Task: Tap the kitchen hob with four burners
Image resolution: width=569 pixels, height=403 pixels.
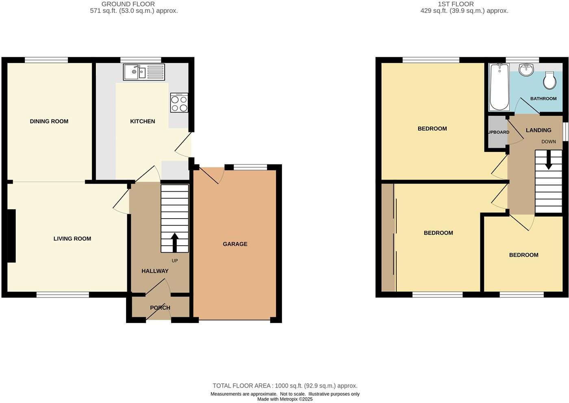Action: (x=179, y=103)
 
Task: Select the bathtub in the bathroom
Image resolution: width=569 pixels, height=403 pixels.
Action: (x=499, y=87)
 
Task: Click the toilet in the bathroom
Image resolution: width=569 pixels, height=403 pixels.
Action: (x=550, y=81)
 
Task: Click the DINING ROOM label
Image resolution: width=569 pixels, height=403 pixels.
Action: (x=49, y=121)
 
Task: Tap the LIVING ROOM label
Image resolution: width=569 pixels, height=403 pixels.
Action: (x=72, y=238)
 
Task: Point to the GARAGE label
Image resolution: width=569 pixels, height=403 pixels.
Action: (x=235, y=244)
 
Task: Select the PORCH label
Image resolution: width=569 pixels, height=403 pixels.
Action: (x=160, y=308)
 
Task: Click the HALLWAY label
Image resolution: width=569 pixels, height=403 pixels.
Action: (x=155, y=271)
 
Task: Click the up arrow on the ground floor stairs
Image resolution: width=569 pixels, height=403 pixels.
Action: (x=175, y=243)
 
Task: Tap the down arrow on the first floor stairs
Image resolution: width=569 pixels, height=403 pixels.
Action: (x=548, y=160)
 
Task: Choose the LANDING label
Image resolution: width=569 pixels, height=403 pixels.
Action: (x=539, y=130)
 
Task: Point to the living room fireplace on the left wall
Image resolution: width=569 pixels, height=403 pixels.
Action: (x=11, y=236)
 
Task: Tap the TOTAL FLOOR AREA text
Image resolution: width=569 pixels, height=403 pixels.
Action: (x=285, y=386)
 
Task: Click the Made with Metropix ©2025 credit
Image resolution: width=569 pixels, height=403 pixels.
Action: (x=285, y=399)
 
